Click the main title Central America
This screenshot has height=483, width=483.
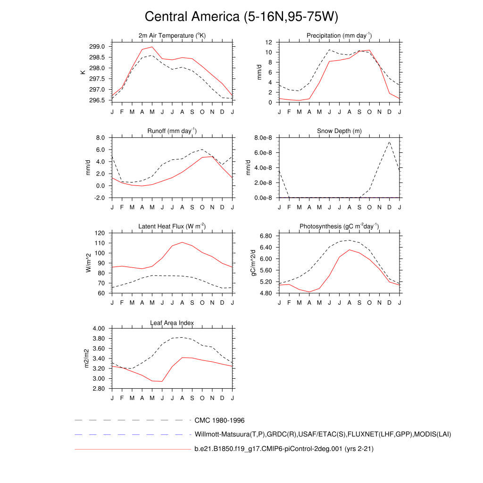(x=241, y=17)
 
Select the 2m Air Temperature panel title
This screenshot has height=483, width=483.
(x=172, y=35)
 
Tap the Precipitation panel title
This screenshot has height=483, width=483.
(x=339, y=35)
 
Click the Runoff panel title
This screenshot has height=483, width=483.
(x=172, y=131)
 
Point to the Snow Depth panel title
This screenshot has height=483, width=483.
(x=339, y=131)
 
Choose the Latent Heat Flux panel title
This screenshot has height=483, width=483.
(x=172, y=226)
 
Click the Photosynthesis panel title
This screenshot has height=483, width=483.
(x=339, y=226)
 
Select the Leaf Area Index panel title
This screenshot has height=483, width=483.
(x=172, y=323)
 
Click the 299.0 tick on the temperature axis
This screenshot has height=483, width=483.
(x=97, y=47)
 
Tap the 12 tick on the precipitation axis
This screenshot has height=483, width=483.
(x=268, y=42)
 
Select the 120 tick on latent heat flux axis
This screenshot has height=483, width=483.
(x=99, y=233)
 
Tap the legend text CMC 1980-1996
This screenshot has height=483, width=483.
(x=219, y=420)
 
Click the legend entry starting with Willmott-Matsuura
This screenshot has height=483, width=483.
(x=323, y=434)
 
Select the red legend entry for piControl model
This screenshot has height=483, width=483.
(x=284, y=449)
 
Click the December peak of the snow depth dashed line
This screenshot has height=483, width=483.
(x=389, y=142)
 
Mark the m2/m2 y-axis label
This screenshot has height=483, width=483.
(x=86, y=358)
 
